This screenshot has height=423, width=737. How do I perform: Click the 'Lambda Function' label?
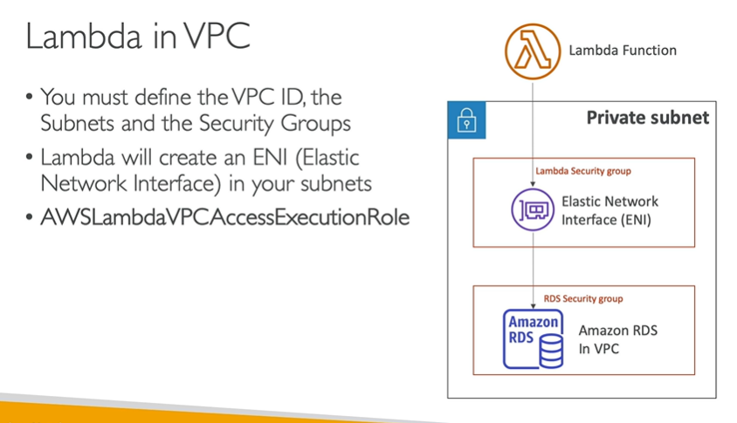coord(622,51)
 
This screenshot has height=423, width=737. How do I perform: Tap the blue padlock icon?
coord(466,120)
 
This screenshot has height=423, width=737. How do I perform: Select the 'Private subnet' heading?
coord(647,118)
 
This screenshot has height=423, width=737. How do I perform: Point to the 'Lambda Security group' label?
coord(582,171)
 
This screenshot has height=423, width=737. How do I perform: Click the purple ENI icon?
coord(532,208)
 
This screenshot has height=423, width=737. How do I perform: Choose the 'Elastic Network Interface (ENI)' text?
coord(610,210)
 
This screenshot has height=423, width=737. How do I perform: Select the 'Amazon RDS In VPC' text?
coord(617,339)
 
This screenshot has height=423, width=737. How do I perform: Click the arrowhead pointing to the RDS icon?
coord(533,304)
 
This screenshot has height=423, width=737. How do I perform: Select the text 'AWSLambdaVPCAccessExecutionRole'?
coord(224,217)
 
